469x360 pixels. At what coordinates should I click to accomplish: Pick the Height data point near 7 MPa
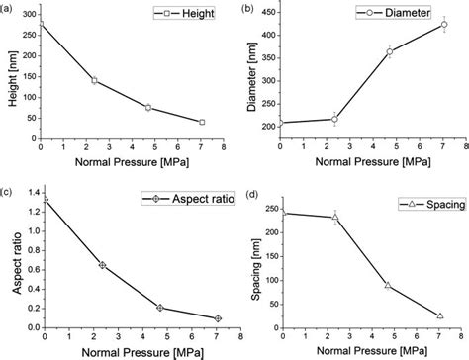(x=202, y=122)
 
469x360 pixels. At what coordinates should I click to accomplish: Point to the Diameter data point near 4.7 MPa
(x=390, y=51)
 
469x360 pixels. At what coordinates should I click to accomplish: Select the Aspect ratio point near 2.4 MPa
(x=102, y=265)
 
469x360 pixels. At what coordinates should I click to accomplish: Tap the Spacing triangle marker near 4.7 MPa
(x=388, y=285)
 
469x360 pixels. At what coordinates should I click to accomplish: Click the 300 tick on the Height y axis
(x=27, y=11)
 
